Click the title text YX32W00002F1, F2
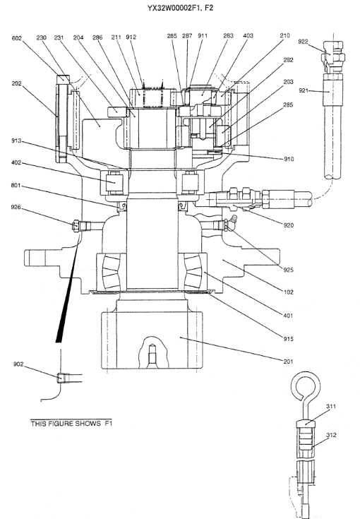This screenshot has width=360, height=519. (x=180, y=8)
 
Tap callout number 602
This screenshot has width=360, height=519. (x=16, y=38)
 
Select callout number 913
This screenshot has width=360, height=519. (x=16, y=141)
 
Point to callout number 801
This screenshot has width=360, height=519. (x=16, y=185)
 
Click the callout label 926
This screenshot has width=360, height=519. (x=16, y=207)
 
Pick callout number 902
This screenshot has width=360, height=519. (x=18, y=364)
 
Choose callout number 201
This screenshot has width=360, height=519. (x=288, y=362)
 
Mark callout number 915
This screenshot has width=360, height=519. (x=288, y=339)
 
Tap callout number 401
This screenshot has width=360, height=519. (x=288, y=316)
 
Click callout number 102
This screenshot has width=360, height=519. (x=288, y=292)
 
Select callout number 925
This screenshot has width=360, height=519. (x=288, y=270)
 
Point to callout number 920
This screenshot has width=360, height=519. (x=288, y=225)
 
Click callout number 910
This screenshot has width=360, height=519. (x=289, y=159)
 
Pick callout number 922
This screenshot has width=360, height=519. (x=303, y=42)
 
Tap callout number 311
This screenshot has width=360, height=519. (x=331, y=406)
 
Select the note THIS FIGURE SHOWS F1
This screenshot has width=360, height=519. (x=71, y=424)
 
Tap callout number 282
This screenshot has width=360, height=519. (x=288, y=60)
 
